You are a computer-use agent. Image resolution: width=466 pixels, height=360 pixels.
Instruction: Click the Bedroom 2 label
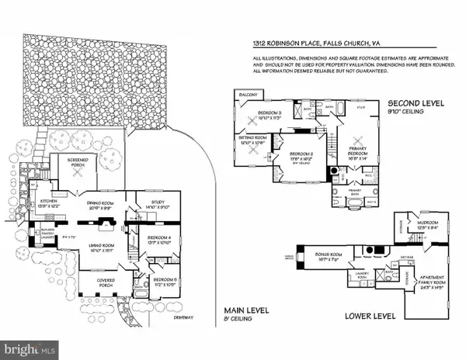tap(297, 157)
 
